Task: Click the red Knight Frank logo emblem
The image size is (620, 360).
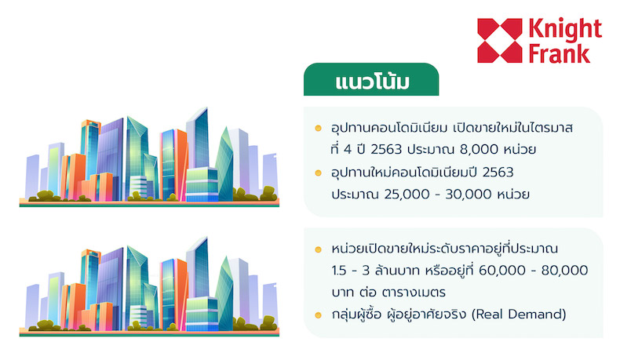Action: tap(500, 40)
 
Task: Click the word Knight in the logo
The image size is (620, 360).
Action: tap(565, 30)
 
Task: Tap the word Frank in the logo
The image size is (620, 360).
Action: tap(560, 54)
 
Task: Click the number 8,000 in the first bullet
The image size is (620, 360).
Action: tap(479, 149)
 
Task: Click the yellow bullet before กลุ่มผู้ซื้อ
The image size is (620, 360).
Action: tap(319, 315)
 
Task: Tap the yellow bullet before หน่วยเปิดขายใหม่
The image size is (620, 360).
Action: tap(319, 249)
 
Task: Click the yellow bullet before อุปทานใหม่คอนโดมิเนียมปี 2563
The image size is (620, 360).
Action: tap(319, 173)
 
